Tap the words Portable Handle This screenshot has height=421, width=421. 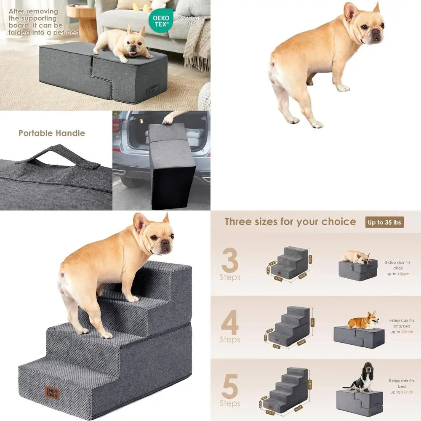tap(52, 133)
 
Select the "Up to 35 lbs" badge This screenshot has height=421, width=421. tap(384, 222)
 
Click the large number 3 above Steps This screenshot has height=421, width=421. tap(229, 261)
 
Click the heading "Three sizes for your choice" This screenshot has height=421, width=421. tap(290, 222)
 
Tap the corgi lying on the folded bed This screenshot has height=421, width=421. tap(363, 321)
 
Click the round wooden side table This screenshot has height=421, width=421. tap(82, 21)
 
